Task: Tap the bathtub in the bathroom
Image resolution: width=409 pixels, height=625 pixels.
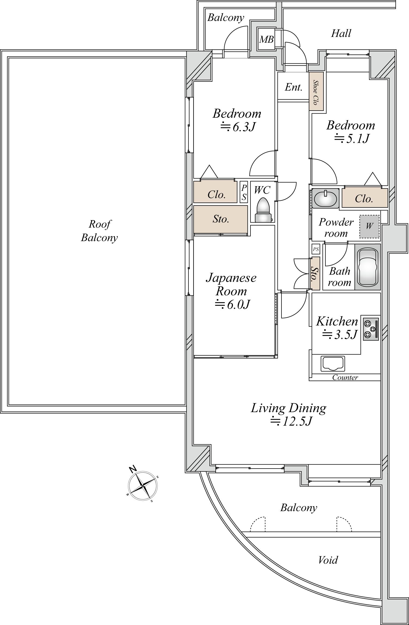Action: [x=367, y=267]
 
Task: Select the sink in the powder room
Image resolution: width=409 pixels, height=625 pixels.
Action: [x=325, y=198]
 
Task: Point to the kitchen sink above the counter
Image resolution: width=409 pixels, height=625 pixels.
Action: [x=333, y=363]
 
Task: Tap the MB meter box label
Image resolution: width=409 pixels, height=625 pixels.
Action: [x=266, y=40]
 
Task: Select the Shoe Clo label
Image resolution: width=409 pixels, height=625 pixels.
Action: [x=315, y=92]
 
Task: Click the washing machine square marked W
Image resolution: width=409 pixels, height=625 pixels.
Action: [x=369, y=226]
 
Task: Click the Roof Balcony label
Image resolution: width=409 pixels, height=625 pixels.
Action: [x=99, y=231]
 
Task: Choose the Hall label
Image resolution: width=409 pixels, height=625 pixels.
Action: [x=341, y=33]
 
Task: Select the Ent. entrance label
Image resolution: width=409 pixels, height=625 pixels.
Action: [x=294, y=87]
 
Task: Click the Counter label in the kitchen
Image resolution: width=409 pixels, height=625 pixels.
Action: [x=345, y=377]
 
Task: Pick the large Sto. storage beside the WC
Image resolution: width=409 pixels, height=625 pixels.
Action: [x=221, y=219]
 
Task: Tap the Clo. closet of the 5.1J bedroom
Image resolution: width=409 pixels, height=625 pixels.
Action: [x=364, y=199]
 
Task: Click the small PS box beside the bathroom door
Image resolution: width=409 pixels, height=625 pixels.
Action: [x=316, y=249]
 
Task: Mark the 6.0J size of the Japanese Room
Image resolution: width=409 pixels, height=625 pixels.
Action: [x=232, y=305]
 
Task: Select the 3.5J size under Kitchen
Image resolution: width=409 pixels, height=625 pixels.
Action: [x=340, y=334]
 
